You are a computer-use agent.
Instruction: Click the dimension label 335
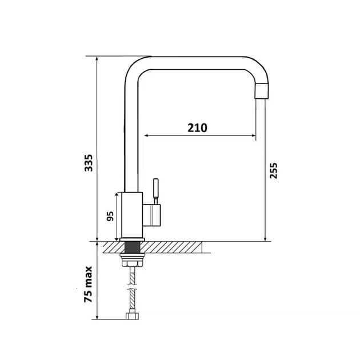89,163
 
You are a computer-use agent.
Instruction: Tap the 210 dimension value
198,127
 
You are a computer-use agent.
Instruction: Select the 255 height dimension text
274,171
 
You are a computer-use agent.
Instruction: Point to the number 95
110,216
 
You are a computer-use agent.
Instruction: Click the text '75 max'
88,284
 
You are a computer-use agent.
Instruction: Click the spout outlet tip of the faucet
262,91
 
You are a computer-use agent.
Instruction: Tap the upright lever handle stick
156,191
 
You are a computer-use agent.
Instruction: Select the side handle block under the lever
151,215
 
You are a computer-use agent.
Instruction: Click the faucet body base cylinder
132,215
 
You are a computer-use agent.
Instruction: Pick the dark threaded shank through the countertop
132,247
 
